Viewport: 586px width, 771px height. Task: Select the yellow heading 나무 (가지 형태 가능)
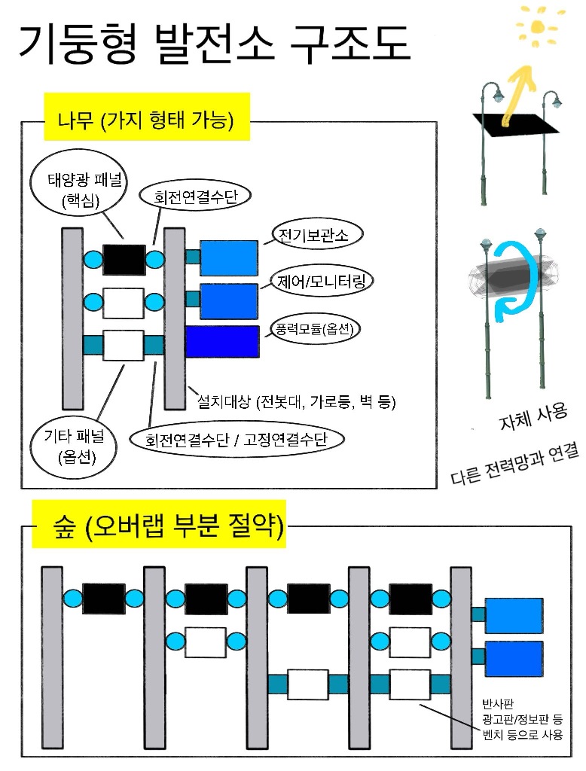pyautogui.click(x=147, y=117)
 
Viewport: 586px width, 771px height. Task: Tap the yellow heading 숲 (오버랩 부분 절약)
pyautogui.click(x=159, y=524)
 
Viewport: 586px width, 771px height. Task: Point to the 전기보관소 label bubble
pyautogui.click(x=317, y=235)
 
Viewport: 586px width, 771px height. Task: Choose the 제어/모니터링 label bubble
pyautogui.click(x=322, y=282)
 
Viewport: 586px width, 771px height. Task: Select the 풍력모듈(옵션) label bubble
pyautogui.click(x=315, y=328)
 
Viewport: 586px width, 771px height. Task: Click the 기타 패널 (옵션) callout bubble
pyautogui.click(x=74, y=446)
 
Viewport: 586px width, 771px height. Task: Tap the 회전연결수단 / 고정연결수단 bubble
pyautogui.click(x=237, y=439)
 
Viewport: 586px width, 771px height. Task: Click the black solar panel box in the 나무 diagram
pyautogui.click(x=124, y=260)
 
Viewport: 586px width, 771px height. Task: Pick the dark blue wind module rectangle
pyautogui.click(x=222, y=341)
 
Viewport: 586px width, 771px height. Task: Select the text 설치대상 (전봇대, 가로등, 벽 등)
pyautogui.click(x=296, y=402)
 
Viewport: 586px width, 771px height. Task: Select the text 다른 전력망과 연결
pyautogui.click(x=514, y=464)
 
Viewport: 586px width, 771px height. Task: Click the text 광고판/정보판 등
pyautogui.click(x=522, y=719)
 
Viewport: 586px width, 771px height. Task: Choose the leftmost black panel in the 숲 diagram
pyautogui.click(x=104, y=599)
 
